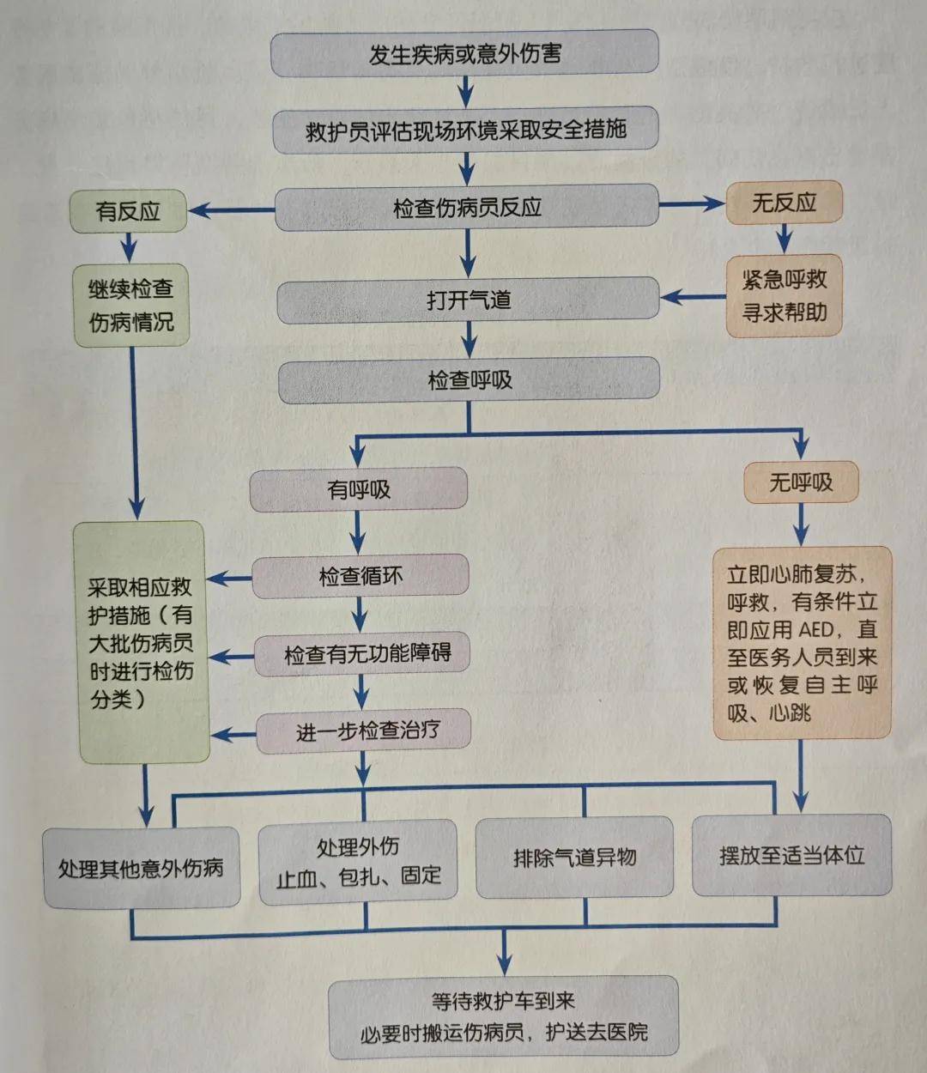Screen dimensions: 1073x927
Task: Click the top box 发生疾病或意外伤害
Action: [464, 53]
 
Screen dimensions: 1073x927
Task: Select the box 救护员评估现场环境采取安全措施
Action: [465, 130]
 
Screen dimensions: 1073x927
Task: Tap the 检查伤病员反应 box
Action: [467, 208]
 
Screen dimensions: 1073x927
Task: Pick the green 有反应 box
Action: [128, 211]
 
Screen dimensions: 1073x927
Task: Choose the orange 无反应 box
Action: [784, 203]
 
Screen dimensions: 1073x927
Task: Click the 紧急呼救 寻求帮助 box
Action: [784, 295]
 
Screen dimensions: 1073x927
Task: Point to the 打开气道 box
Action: [468, 300]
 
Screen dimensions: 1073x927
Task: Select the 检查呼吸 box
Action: [470, 380]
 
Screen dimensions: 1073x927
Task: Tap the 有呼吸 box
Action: [359, 489]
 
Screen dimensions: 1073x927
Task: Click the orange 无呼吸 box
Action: [800, 482]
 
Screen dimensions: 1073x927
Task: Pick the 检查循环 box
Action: [360, 576]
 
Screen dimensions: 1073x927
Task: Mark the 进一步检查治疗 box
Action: [367, 731]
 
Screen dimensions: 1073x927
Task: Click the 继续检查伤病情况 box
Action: [131, 306]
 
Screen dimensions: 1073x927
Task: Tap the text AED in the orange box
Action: [815, 629]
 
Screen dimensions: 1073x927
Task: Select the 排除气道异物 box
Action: [574, 857]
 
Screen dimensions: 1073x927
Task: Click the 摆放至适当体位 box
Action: [791, 855]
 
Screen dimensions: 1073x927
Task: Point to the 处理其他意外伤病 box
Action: [141, 868]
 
